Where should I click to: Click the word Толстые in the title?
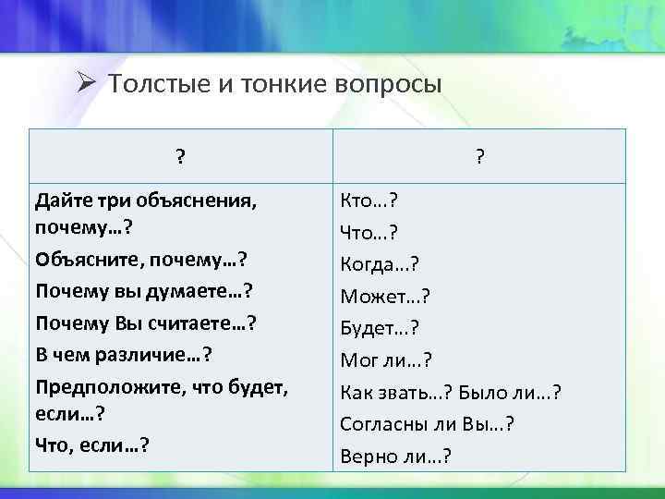[148, 84]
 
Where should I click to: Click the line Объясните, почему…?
[145, 259]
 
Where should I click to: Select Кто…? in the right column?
[368, 201]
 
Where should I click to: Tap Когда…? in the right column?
[380, 264]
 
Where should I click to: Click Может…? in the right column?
[385, 297]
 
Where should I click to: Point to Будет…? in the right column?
[380, 328]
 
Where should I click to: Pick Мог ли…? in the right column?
[386, 360]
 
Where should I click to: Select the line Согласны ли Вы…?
[427, 424]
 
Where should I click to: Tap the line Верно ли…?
[395, 456]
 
